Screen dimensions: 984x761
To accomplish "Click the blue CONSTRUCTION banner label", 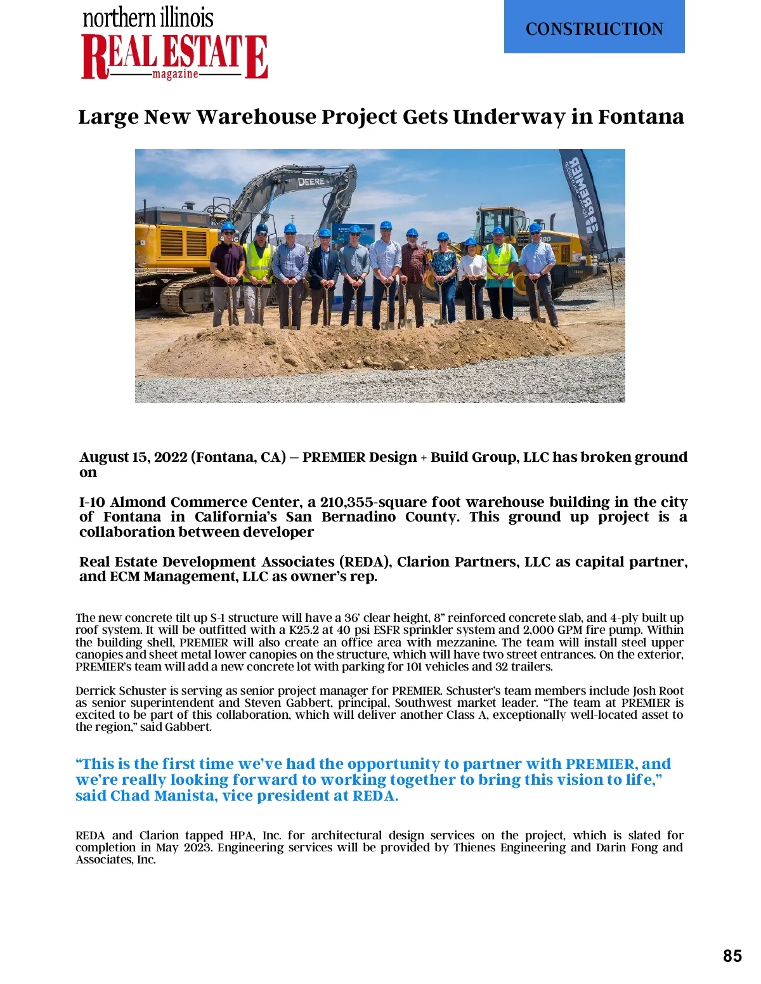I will (594, 29).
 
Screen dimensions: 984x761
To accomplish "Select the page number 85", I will (732, 956).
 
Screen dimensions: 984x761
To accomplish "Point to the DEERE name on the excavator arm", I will (311, 182).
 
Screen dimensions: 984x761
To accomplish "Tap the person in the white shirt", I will (472, 279).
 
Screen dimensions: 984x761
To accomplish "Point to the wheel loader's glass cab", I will (501, 222).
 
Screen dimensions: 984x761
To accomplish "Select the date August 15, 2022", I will (133, 457).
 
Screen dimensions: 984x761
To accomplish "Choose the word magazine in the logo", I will (175, 74).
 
